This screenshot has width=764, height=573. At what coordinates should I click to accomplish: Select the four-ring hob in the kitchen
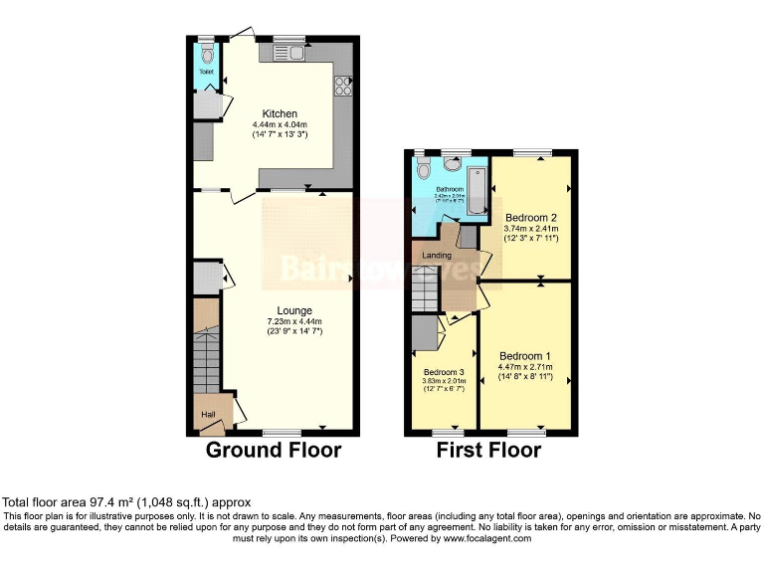(343, 87)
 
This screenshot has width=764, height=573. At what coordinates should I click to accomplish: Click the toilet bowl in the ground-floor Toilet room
(206, 56)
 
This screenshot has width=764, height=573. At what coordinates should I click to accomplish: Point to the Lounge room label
(295, 310)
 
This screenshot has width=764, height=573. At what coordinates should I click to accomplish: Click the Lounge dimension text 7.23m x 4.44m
(294, 321)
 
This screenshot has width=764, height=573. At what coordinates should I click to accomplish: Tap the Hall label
(209, 414)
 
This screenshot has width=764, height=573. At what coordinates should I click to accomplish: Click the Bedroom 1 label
(525, 356)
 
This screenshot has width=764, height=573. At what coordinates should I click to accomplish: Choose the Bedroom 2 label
(530, 217)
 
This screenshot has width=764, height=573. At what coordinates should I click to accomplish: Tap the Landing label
(437, 256)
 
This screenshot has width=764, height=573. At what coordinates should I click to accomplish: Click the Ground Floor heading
(274, 451)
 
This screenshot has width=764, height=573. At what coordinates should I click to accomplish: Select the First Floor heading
(489, 451)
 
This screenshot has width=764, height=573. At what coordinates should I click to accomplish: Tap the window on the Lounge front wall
(283, 433)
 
